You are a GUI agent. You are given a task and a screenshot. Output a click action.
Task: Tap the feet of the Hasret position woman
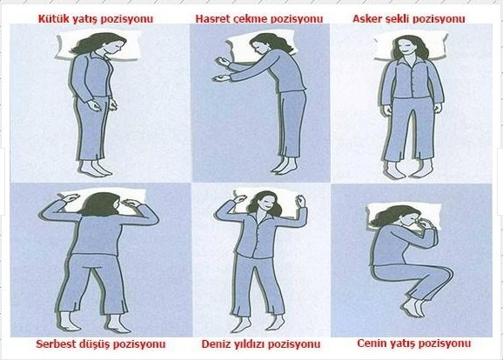pos(285,165)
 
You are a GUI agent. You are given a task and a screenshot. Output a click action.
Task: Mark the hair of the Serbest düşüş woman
pos(98,205)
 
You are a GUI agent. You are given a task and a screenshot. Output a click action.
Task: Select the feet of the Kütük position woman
pos(95,169)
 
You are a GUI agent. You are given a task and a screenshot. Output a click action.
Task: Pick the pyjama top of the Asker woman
pos(412,79)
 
